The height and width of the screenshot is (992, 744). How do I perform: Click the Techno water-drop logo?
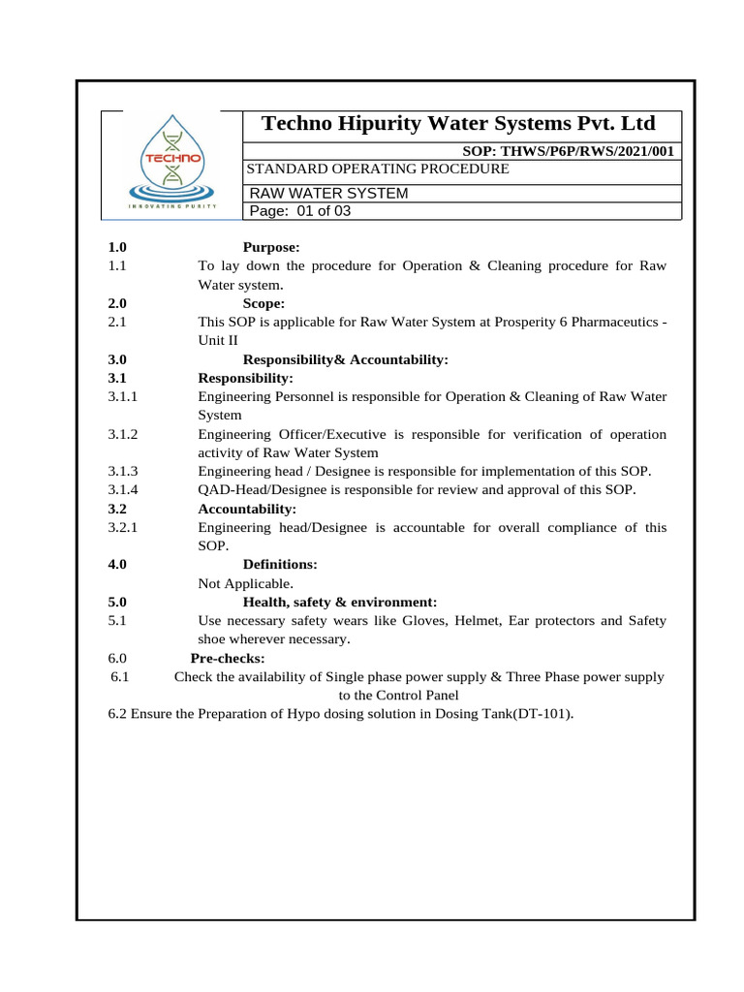[172, 162]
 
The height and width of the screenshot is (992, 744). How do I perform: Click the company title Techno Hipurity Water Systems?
[459, 124]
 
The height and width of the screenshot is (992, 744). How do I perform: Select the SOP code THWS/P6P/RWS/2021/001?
[571, 151]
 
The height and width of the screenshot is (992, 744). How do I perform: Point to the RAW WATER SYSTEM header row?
[329, 193]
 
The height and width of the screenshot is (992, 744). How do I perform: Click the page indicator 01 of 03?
[300, 212]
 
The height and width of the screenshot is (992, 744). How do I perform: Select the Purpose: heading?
[271, 248]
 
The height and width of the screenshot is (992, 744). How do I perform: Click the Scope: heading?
[263, 302]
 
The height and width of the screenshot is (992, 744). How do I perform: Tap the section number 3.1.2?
[124, 434]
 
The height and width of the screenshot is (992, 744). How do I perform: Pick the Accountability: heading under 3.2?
[247, 509]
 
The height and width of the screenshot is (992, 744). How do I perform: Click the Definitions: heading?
[280, 564]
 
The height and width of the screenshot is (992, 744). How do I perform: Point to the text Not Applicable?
[245, 583]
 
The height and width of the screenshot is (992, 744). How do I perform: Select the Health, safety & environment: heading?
[339, 602]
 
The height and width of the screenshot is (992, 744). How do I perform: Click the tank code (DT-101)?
[540, 714]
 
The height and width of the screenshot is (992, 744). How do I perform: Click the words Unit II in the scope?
[218, 340]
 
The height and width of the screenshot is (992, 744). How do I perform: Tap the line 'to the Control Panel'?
[398, 696]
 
